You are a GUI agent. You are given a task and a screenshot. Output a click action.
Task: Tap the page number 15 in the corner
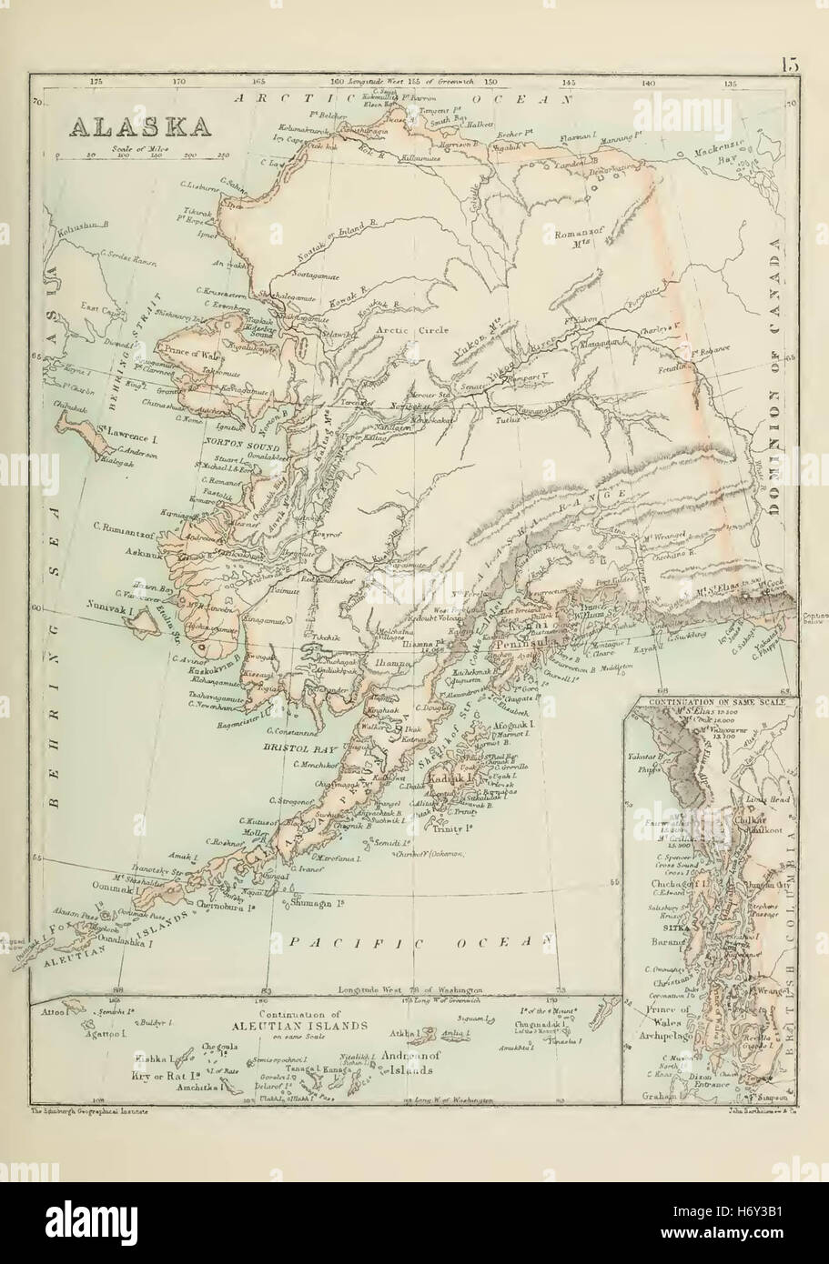[x=789, y=65]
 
